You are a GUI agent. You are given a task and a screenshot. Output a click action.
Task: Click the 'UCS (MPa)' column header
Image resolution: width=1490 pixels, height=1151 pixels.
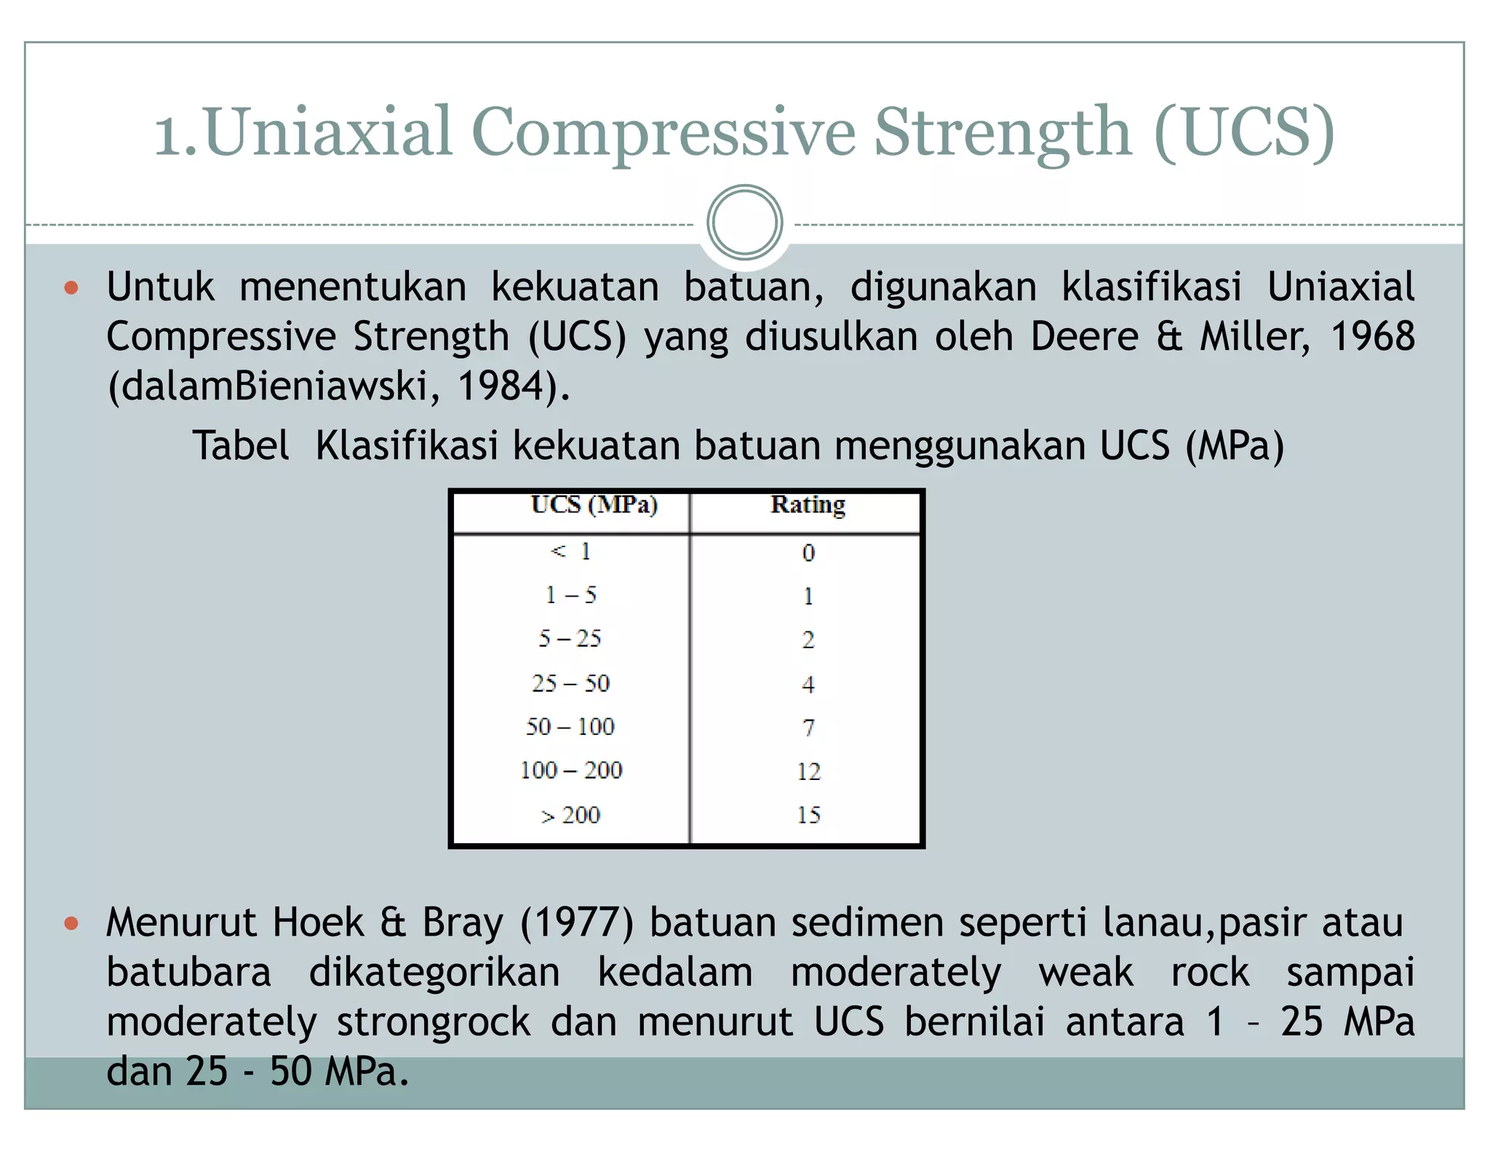tap(594, 504)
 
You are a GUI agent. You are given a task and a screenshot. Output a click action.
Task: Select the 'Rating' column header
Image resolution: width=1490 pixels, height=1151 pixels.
tap(808, 504)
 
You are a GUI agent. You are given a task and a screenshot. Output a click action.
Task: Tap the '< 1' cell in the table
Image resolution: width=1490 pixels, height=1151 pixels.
tap(570, 551)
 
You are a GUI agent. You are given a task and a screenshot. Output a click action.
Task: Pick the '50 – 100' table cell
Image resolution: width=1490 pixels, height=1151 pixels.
tap(570, 726)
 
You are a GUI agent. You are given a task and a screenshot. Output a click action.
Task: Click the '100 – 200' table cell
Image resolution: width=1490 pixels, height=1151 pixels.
tap(571, 770)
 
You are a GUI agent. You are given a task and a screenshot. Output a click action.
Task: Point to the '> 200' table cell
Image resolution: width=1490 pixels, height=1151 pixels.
tap(570, 815)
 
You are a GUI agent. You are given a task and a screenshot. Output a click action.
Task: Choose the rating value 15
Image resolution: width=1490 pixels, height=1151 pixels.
tap(808, 815)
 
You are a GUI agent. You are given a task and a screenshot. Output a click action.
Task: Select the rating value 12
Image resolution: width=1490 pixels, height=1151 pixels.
tap(808, 771)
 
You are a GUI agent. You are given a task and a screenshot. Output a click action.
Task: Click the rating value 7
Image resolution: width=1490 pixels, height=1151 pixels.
tap(808, 727)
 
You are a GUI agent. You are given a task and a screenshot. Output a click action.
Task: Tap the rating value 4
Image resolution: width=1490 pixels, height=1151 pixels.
tap(808, 684)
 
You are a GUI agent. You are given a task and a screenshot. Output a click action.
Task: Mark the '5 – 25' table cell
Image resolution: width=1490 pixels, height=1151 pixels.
tap(570, 639)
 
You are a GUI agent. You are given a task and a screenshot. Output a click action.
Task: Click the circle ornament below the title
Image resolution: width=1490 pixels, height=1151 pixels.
tap(744, 223)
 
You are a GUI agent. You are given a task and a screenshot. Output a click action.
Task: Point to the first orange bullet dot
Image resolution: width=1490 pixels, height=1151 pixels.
tap(71, 288)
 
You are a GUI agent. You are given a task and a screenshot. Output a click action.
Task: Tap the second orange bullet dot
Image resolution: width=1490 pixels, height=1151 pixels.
tap(71, 924)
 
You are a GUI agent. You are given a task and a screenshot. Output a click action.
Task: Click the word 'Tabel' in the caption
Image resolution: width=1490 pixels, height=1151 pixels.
tap(241, 445)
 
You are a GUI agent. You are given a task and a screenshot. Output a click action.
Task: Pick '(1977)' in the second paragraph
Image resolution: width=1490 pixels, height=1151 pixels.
tap(577, 923)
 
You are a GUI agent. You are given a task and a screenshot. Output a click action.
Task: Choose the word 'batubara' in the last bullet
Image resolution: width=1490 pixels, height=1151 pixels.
tap(189, 972)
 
